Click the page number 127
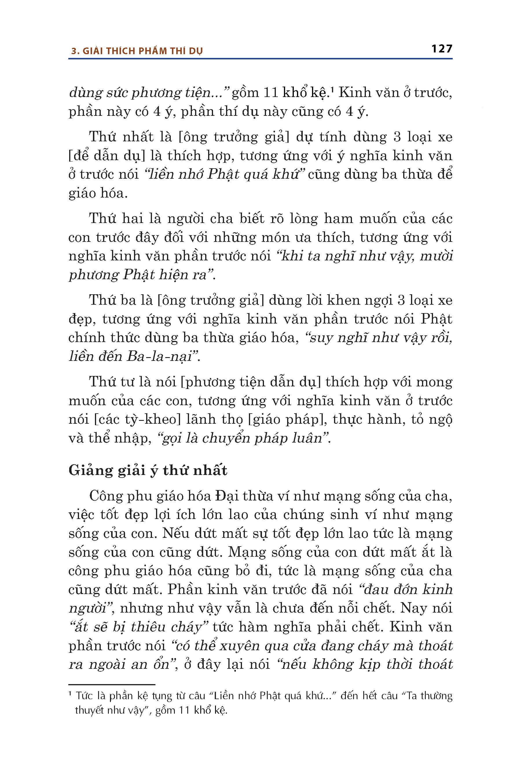tap(442, 49)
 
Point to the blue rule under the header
tap(260, 59)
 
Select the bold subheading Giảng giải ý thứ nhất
tap(148, 470)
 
